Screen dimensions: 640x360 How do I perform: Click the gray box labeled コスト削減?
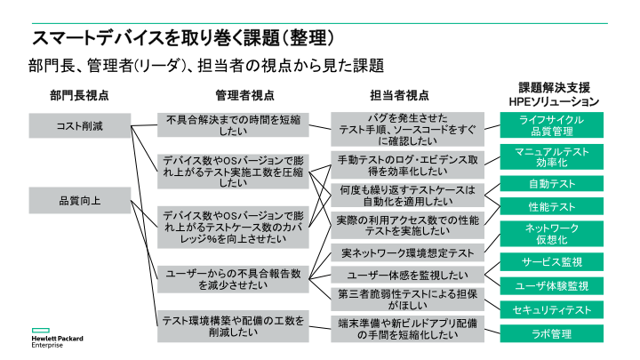[80, 125]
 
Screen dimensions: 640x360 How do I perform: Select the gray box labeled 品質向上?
[80, 200]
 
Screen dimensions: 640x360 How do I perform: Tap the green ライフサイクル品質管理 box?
[551, 125]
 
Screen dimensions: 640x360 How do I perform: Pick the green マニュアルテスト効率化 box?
[551, 156]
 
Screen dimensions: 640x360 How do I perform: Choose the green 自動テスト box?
[551, 184]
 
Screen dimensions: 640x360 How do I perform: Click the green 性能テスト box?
[551, 206]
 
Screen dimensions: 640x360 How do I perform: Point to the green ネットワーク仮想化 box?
[551, 234]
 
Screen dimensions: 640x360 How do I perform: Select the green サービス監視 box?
[551, 262]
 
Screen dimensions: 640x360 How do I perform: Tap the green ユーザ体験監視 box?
[551, 285]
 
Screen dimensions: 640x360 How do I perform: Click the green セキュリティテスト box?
[551, 310]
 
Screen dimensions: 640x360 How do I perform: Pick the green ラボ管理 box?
[551, 333]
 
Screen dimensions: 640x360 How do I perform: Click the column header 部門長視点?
[79, 95]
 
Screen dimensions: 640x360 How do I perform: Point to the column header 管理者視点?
[244, 95]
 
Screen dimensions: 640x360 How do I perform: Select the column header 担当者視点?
[399, 95]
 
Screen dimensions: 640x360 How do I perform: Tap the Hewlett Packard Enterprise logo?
[57, 338]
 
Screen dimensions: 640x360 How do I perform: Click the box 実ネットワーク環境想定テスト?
[407, 253]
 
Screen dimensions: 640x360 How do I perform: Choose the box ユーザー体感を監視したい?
[407, 275]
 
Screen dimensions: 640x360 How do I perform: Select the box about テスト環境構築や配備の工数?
[233, 326]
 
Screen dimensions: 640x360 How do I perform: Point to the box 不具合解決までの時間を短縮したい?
[233, 125]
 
